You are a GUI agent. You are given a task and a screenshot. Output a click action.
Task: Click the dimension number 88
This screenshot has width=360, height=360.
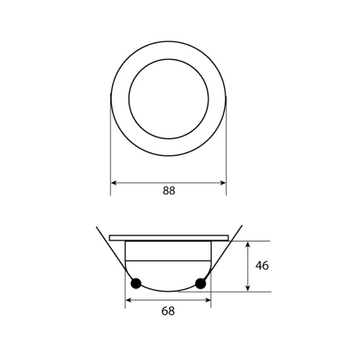169,191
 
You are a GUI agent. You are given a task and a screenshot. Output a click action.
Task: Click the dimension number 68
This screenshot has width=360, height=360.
168,311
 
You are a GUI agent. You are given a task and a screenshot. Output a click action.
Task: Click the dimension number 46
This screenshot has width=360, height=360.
262,266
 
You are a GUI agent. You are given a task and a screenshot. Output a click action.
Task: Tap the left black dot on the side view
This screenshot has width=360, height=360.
136,283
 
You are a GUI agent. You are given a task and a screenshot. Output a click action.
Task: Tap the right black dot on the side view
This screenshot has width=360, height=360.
200,284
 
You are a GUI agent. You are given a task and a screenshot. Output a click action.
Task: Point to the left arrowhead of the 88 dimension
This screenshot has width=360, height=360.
113,183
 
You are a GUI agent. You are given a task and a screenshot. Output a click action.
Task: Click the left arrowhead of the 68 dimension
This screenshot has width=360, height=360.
128,300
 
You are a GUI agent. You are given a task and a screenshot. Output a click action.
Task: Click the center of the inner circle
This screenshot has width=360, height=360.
168,99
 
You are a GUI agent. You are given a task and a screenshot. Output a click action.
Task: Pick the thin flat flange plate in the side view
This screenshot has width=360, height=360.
168,238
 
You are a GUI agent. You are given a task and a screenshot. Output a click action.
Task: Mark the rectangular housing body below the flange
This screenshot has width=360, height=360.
168,250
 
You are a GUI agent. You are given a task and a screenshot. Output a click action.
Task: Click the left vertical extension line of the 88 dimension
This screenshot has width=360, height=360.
110,160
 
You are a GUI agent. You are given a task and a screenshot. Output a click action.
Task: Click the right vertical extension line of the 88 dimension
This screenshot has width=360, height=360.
226,160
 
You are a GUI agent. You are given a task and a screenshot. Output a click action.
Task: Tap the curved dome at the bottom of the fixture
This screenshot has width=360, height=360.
168,280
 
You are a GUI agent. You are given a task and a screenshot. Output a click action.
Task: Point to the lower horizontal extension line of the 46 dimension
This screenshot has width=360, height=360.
240,292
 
